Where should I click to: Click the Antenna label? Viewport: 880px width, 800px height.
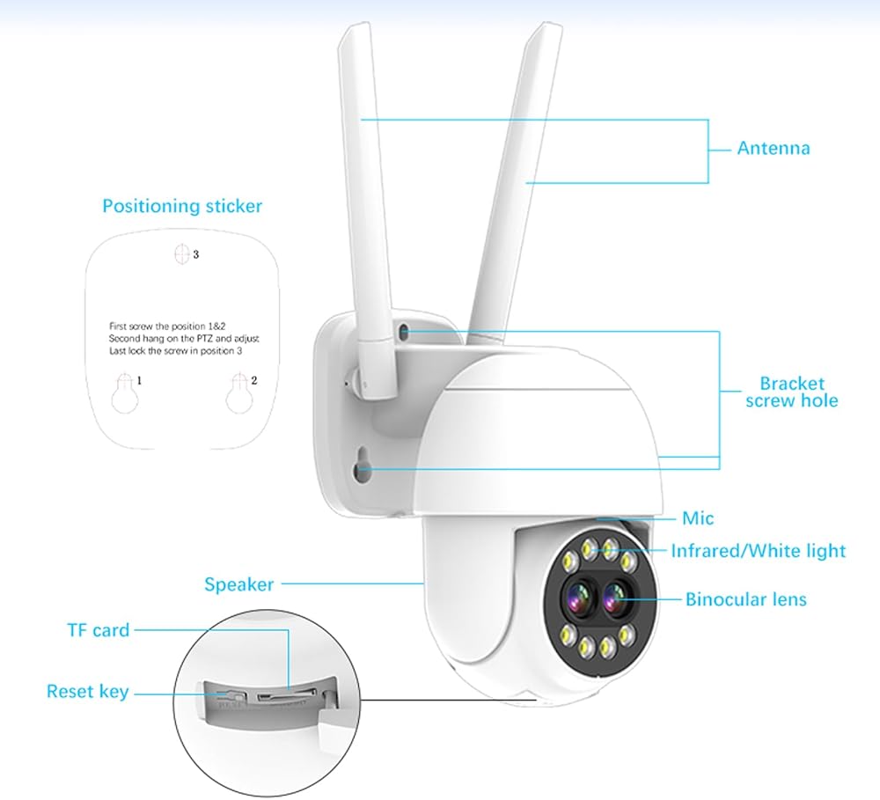(773, 148)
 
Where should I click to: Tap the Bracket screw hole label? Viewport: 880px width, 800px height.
(792, 392)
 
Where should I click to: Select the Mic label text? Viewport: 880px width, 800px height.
(698, 518)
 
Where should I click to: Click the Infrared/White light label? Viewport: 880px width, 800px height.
(758, 551)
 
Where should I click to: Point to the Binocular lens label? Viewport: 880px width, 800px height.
(745, 599)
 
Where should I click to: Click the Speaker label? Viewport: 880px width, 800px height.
(238, 583)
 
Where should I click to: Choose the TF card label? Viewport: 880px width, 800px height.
(98, 630)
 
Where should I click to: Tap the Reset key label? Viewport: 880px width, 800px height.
(87, 692)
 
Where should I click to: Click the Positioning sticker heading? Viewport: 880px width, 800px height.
(182, 206)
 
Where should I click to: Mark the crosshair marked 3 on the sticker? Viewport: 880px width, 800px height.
(182, 253)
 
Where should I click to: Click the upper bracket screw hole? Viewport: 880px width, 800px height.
(403, 332)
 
